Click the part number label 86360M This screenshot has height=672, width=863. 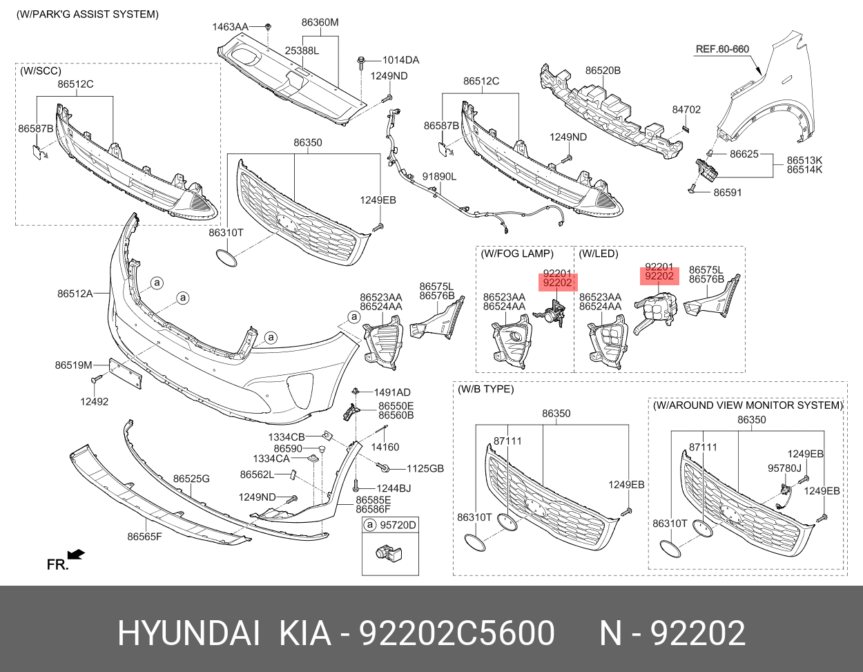pos(320,22)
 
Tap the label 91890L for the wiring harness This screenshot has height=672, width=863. pos(440,177)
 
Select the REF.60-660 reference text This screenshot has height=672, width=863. pos(722,49)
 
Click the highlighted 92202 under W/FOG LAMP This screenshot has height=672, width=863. pos(557,282)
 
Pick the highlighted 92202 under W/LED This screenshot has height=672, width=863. pos(659,276)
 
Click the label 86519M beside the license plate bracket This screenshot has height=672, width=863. pos(73,365)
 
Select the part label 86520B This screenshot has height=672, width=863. pos(603,70)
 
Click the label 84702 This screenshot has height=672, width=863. pos(686,109)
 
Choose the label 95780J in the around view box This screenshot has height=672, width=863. pos(784,468)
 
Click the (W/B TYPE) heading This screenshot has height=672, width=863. pos(486,389)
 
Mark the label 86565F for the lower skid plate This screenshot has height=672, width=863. pos(144,536)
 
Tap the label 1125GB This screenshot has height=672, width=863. pos(425,469)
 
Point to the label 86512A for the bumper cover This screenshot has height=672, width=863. pos(75,294)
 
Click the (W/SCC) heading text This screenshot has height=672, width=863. pos(40,70)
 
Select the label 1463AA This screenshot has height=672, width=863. pos(230,27)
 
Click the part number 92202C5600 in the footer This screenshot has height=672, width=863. pos(458,633)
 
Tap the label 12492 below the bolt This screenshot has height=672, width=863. pos(94,401)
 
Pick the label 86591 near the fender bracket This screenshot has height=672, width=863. pos(728,193)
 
